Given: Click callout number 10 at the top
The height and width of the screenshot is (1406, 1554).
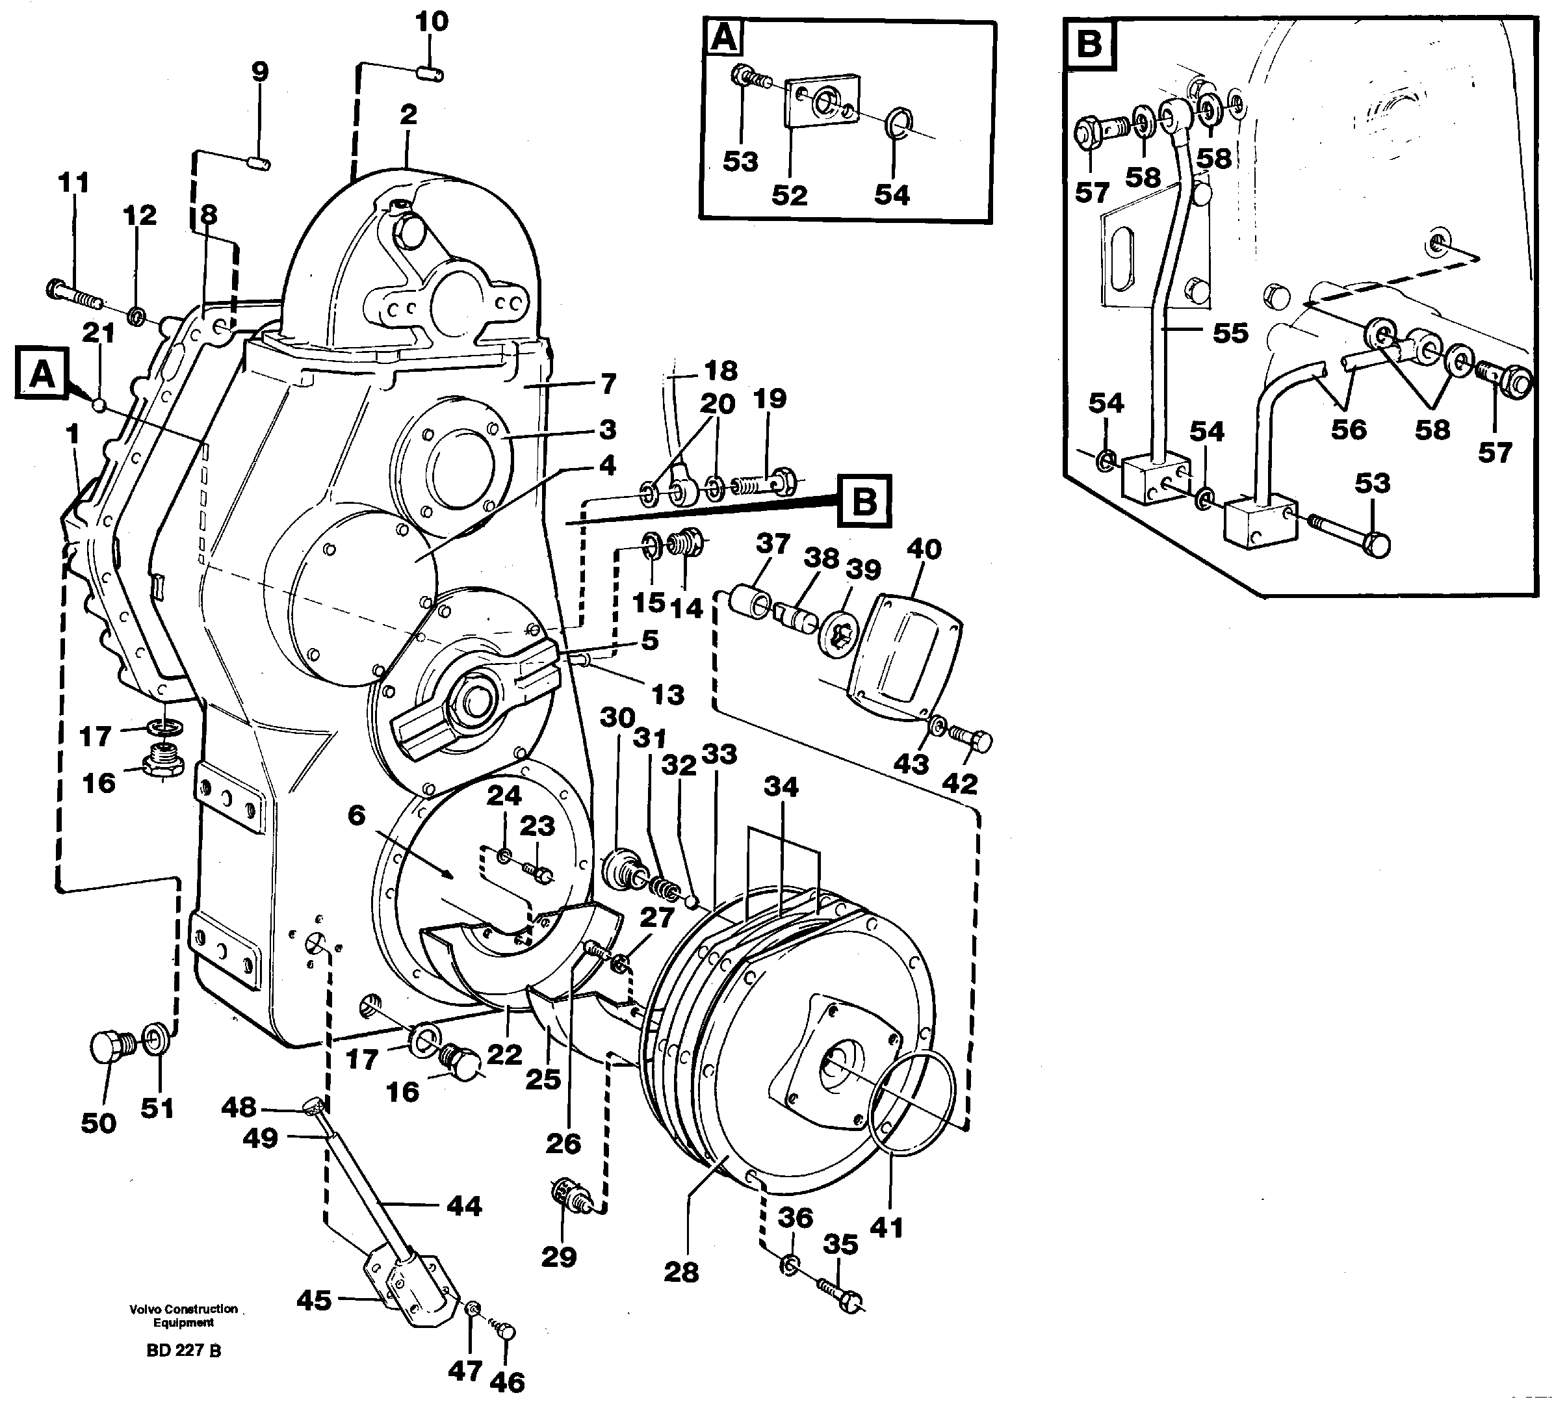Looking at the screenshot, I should pyautogui.click(x=432, y=21).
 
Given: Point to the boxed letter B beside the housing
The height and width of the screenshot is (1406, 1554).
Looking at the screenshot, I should pyautogui.click(x=865, y=502).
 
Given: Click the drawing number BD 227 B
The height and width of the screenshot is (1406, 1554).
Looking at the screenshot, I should pyautogui.click(x=183, y=1351).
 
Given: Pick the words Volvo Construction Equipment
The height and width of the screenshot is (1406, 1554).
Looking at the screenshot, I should pyautogui.click(x=183, y=1315).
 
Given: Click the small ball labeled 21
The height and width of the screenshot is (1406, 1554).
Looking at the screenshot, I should pyautogui.click(x=98, y=404).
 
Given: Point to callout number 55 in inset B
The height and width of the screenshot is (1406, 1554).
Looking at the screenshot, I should pyautogui.click(x=1230, y=333).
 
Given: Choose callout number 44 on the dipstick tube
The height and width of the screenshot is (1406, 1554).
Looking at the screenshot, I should pyautogui.click(x=464, y=1206).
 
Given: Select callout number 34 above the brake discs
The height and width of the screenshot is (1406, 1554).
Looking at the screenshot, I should pyautogui.click(x=781, y=787).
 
